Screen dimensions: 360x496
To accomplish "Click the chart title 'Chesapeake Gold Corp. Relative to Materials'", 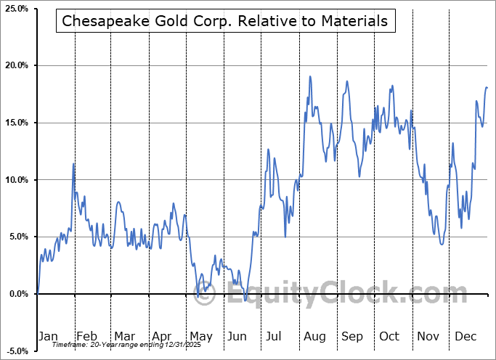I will [225, 21].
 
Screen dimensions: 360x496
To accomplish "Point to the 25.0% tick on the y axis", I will [17, 9].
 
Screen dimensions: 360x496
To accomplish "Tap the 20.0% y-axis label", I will [17, 66].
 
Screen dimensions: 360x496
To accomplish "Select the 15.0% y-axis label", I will [17, 123].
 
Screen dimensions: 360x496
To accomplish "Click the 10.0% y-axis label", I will [17, 180].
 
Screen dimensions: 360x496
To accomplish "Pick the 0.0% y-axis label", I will [19, 294].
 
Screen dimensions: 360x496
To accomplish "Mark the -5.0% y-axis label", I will [18, 351].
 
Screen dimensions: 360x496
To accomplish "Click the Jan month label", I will [48, 336].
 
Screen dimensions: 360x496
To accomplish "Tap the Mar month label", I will [123, 336].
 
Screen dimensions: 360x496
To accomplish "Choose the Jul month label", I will [275, 336].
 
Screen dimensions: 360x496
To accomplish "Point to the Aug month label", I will [314, 336].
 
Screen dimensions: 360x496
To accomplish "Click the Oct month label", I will [389, 336].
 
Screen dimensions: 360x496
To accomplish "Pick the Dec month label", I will [465, 336].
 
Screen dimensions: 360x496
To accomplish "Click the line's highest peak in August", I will [310, 76].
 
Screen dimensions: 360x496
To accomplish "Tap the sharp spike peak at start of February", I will [74, 163].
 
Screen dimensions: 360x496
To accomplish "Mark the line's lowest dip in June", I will [245, 300].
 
